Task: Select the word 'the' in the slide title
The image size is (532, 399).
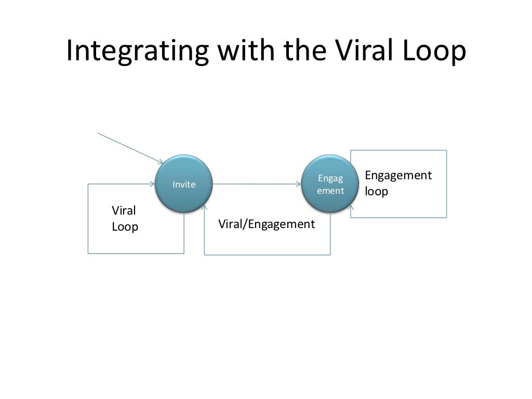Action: [x=300, y=52]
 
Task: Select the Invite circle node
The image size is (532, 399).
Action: [x=184, y=184]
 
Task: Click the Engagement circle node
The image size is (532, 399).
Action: [x=330, y=184]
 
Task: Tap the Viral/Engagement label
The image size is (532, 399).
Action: [x=267, y=224]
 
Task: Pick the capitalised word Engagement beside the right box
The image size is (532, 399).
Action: [x=398, y=176]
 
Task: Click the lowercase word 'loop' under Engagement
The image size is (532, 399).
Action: [x=376, y=191]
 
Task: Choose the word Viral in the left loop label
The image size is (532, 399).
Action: [x=124, y=211]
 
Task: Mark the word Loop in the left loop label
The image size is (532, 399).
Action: [x=125, y=227]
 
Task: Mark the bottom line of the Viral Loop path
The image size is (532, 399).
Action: [x=136, y=253]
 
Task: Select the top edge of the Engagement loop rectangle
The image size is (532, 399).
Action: [x=398, y=151]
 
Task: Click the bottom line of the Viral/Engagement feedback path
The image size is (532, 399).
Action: [x=268, y=255]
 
